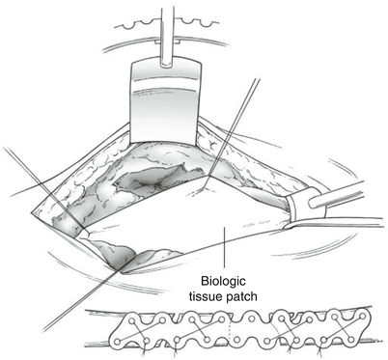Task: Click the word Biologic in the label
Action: coord(223,281)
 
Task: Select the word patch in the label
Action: coord(242,296)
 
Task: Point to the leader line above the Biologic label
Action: coord(224,246)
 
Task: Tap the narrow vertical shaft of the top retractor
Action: coord(167,32)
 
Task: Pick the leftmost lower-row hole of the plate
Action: coord(118,341)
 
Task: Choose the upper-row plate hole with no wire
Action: coord(252,318)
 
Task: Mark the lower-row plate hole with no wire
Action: coord(237,340)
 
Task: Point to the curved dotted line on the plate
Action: coord(275,329)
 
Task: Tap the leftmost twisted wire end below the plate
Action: coord(144,351)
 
